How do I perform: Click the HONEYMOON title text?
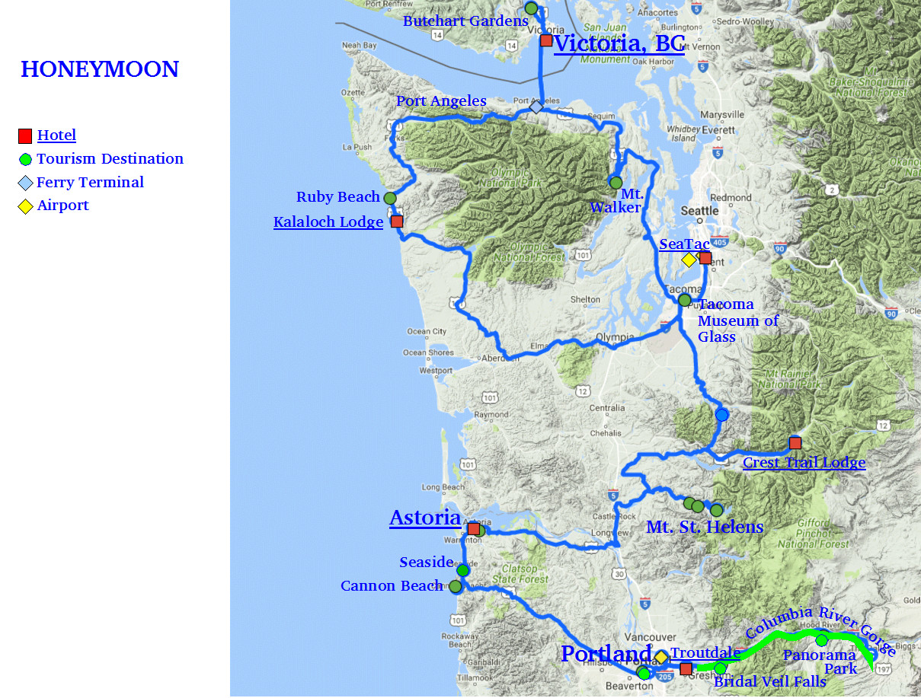point(100,69)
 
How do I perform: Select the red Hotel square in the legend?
point(25,136)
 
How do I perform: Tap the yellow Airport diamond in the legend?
point(26,206)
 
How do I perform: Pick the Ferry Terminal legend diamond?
point(26,183)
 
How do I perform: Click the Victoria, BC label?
point(619,43)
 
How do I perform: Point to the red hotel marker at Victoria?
point(546,40)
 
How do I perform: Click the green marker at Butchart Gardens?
point(531,8)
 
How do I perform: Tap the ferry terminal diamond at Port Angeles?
point(536,107)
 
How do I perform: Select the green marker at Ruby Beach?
point(390,198)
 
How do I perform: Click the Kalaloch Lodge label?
point(328,222)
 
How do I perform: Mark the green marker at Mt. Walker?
point(616,183)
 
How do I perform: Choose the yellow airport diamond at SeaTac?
point(689,260)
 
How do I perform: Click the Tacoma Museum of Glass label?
point(737,320)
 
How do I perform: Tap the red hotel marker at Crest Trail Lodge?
point(795,443)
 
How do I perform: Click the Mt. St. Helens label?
point(705,527)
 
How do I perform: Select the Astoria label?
point(424,518)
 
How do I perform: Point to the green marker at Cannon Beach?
point(456,586)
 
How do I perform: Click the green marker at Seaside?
point(462,570)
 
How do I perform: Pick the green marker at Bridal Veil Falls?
point(720,668)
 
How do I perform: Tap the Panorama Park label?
point(820,661)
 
